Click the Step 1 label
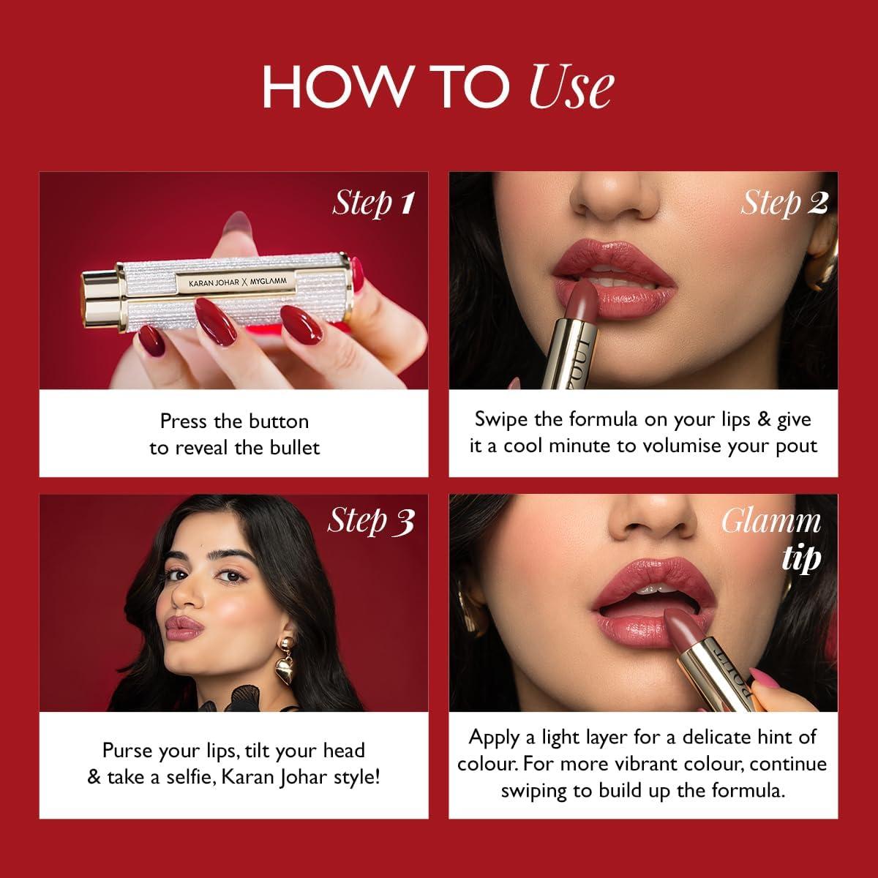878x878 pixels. click(373, 203)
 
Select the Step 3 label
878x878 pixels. click(370, 521)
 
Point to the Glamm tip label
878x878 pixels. click(771, 539)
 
